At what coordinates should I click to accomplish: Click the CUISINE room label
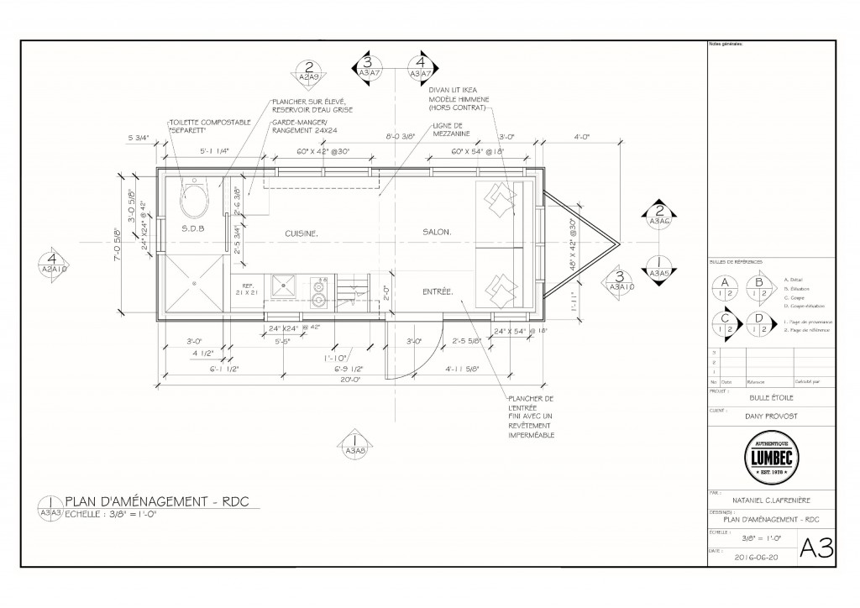point(301,233)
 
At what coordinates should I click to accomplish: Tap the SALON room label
point(437,232)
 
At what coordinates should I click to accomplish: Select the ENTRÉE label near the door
point(437,292)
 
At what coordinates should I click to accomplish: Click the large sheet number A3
point(815,549)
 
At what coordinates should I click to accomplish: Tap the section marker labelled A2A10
point(53,263)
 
